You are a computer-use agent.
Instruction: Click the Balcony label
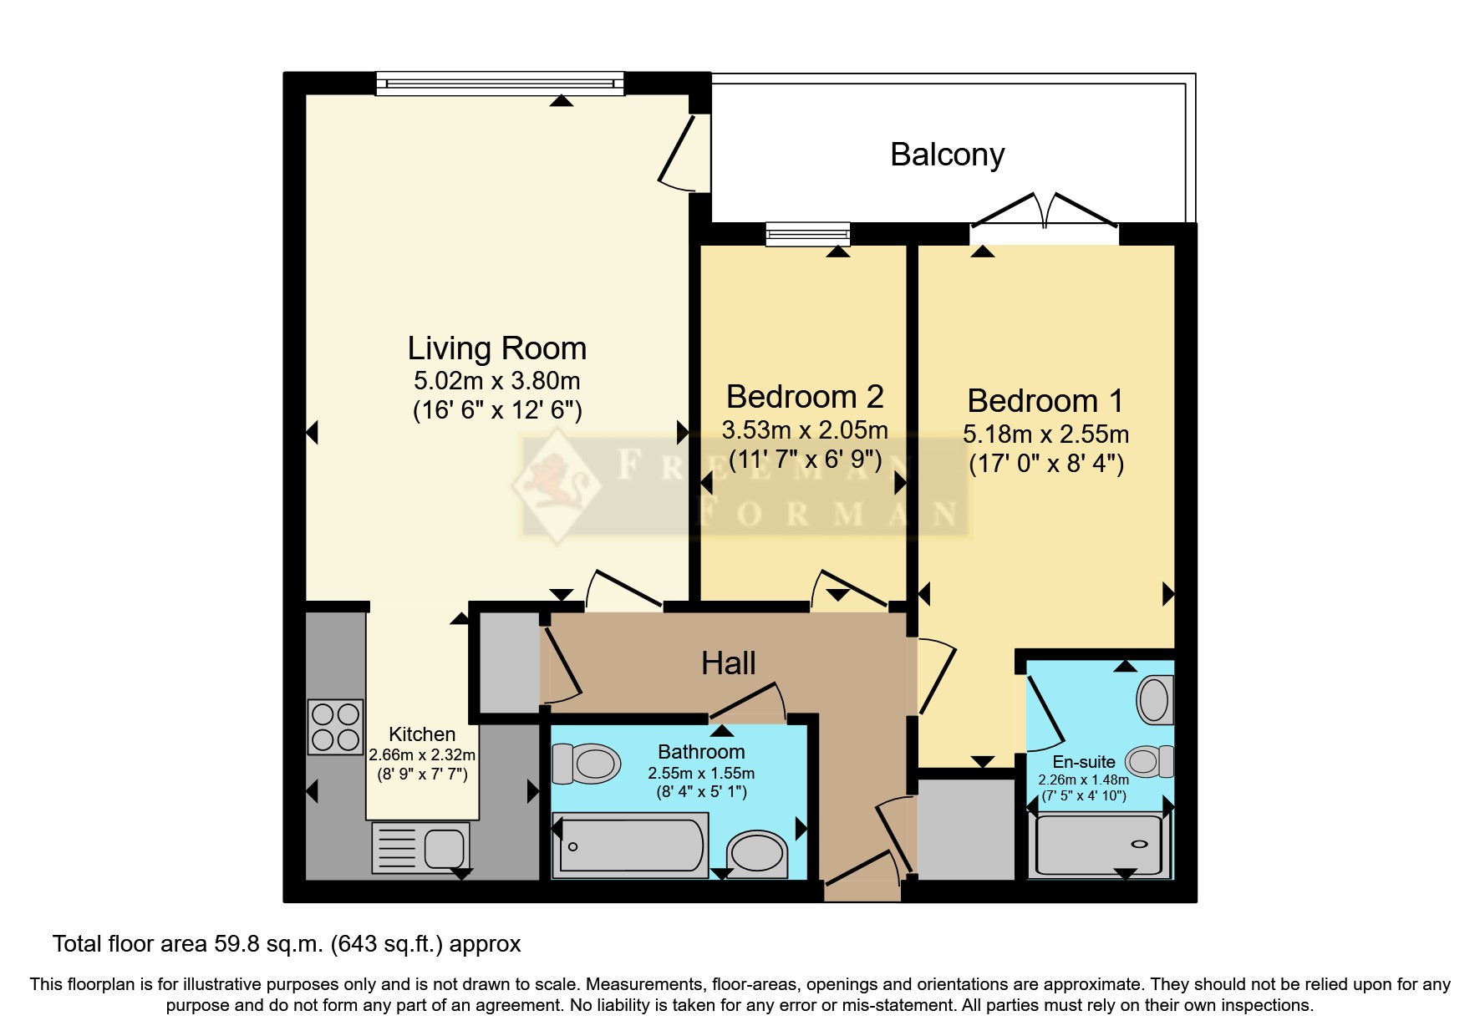(x=947, y=155)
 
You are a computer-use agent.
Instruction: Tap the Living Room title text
(x=497, y=348)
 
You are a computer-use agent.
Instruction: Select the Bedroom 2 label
(x=805, y=396)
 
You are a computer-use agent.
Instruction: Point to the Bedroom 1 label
(x=1045, y=400)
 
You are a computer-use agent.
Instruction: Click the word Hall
(x=729, y=663)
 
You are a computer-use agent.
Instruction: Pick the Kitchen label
(x=422, y=734)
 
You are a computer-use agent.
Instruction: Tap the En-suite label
(x=1084, y=762)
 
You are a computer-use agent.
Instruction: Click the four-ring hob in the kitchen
(x=336, y=727)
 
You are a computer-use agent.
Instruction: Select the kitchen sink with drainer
(x=420, y=846)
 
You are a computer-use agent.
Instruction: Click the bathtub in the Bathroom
(x=630, y=846)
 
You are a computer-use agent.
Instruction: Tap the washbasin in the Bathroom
(x=757, y=854)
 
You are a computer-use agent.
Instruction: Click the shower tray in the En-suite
(x=1099, y=844)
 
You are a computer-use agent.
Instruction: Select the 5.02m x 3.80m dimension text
(x=497, y=381)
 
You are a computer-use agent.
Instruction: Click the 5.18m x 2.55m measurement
(x=1045, y=434)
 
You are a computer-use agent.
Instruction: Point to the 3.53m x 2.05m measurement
(x=805, y=430)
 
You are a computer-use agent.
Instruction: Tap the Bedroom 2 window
(x=808, y=234)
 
